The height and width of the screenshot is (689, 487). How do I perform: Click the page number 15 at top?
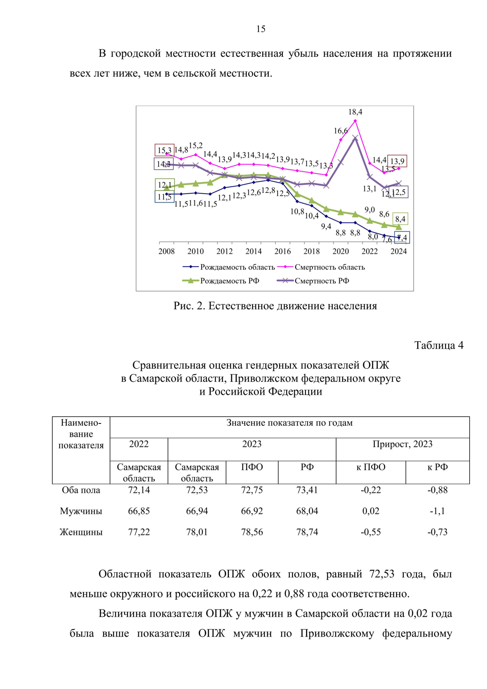261,29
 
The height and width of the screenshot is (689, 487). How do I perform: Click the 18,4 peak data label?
355,112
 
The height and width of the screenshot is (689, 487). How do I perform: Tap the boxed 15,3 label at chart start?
164,150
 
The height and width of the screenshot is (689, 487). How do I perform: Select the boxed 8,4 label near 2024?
400,219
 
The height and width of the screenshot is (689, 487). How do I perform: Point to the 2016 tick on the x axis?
282,251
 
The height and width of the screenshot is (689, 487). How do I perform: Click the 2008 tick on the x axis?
166,251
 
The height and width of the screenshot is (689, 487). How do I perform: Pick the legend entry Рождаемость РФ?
229,281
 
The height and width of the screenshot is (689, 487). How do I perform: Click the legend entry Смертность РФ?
321,281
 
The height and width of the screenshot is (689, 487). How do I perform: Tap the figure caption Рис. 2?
275,306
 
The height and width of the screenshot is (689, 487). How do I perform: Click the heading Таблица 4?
438,346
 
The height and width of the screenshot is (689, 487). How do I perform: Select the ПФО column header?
252,467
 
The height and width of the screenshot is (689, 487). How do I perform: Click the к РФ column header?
437,467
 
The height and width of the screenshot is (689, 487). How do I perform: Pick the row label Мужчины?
81,511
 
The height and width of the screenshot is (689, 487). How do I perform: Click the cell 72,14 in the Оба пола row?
139,490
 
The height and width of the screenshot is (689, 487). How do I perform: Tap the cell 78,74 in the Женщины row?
307,532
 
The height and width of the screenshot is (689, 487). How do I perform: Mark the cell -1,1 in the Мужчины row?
437,511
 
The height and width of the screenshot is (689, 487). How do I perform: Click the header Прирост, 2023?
402,444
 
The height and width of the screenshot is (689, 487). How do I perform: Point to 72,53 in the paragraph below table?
381,574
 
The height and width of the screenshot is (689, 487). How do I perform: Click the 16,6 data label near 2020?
340,131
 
